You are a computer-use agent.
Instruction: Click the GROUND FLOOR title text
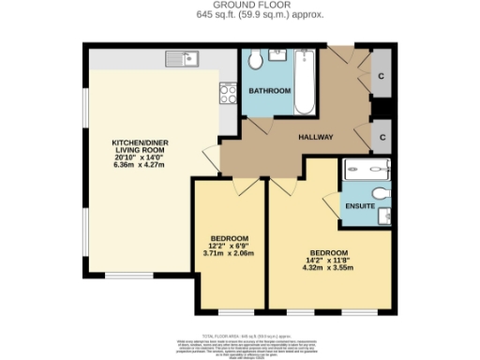[x=239, y=5]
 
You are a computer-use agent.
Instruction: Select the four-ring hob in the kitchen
[x=227, y=92]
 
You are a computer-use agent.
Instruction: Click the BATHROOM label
[x=269, y=91]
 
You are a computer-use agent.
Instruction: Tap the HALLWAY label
[x=316, y=138]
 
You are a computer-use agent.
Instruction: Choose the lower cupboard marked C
[x=380, y=137]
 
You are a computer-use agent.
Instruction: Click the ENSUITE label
[x=360, y=205]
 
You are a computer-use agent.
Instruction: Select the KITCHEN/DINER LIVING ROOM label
[x=139, y=147]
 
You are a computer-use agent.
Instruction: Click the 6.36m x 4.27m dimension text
[x=139, y=165]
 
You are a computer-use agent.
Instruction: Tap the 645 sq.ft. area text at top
[x=239, y=15]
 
